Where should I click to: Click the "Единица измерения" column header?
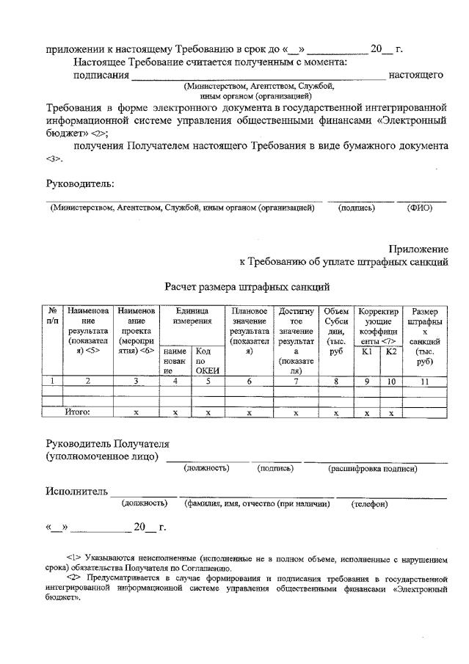[x=192, y=316]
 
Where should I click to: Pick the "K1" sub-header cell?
[x=368, y=351]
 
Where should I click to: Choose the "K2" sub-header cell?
[x=391, y=351]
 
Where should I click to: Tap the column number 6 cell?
[x=249, y=380]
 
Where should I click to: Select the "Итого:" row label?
[x=77, y=412]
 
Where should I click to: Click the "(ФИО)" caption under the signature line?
[x=420, y=208]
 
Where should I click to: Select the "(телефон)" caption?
[x=369, y=504]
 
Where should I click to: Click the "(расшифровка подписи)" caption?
[x=372, y=468]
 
